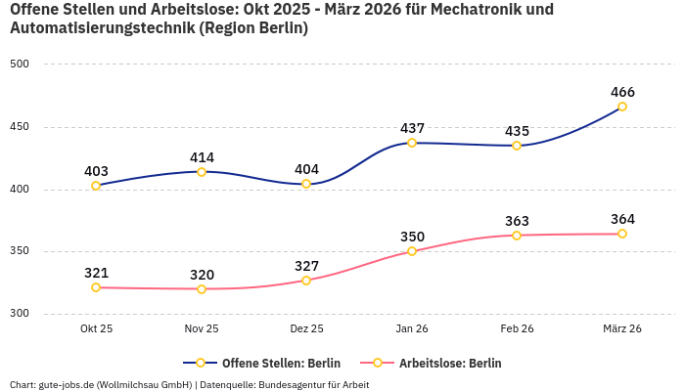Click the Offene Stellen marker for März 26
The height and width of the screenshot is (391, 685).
pyautogui.click(x=622, y=107)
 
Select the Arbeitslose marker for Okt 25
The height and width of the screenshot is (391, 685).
pyautogui.click(x=96, y=287)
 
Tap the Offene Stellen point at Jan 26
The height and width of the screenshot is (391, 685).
pyautogui.click(x=412, y=143)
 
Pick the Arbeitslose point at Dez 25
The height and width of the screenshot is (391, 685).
pyautogui.click(x=306, y=281)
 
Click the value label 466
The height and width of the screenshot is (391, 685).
pyautogui.click(x=622, y=92)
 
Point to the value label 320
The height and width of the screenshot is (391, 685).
pyautogui.click(x=202, y=275)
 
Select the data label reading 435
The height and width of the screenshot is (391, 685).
pyautogui.click(x=517, y=131)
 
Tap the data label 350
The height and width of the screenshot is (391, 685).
pyautogui.click(x=412, y=237)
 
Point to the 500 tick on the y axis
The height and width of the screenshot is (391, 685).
pyautogui.click(x=21, y=64)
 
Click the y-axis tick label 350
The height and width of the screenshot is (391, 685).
pyautogui.click(x=21, y=251)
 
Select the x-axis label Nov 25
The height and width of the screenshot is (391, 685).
pyautogui.click(x=202, y=328)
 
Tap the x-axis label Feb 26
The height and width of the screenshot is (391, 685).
pyautogui.click(x=517, y=328)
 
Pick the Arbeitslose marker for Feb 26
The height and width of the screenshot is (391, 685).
pyautogui.click(x=517, y=235)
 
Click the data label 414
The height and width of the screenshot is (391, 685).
pyautogui.click(x=202, y=157)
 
